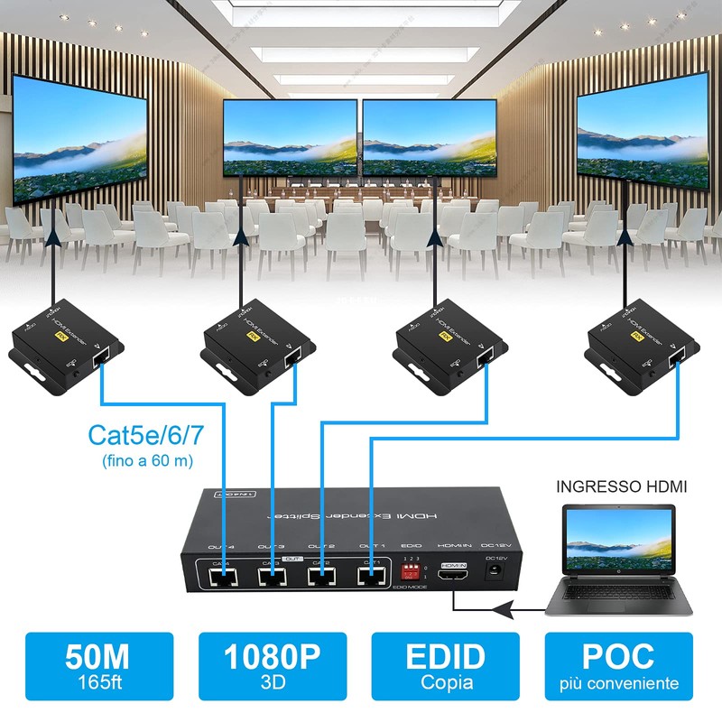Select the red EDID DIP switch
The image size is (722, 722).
(x=412, y=571)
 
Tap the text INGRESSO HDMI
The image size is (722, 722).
(x=622, y=486)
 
